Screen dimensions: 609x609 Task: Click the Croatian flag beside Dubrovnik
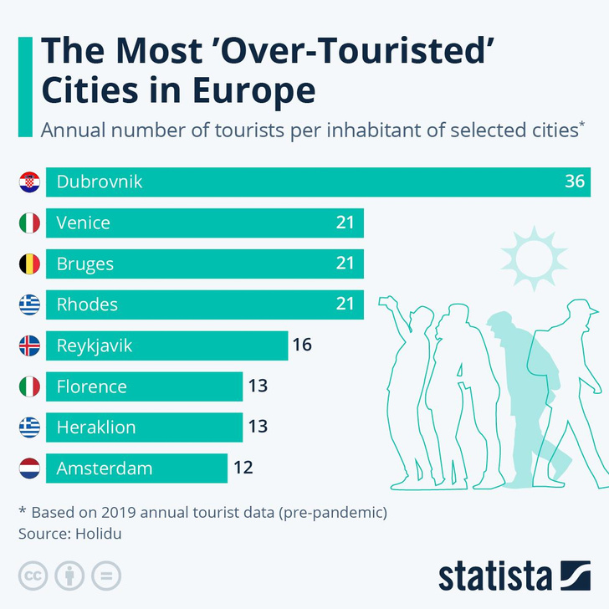[29, 182]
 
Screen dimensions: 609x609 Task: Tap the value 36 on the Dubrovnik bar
[574, 182]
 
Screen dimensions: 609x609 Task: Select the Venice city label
[84, 223]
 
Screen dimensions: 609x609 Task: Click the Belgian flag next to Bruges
[29, 264]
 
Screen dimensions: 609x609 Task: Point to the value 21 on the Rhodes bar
[345, 304]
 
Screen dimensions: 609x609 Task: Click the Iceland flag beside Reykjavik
[29, 345]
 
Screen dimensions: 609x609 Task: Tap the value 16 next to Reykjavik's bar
[303, 345]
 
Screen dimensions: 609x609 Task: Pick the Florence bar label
[91, 386]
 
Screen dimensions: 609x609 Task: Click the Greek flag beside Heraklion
[29, 427]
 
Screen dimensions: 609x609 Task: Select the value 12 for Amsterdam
[243, 468]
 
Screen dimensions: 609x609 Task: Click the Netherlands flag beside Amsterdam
[29, 468]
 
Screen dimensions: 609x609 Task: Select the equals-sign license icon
[106, 576]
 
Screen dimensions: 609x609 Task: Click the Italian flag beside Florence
[29, 386]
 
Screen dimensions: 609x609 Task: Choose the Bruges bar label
[85, 264]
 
